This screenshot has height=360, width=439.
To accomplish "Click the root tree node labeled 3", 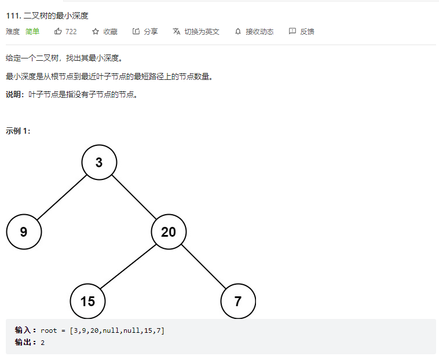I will click(x=99, y=163).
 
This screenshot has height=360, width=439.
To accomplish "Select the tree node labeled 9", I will click(x=24, y=232).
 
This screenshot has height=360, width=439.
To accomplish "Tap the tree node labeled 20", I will click(x=169, y=232).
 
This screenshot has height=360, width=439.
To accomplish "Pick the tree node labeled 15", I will click(x=87, y=301).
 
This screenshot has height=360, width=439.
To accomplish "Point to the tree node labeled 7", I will click(x=238, y=301).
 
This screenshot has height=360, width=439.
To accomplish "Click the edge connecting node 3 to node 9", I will click(x=61, y=197).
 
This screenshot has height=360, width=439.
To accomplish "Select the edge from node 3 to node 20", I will click(x=134, y=197).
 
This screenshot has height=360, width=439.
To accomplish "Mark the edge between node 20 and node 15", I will click(x=128, y=267).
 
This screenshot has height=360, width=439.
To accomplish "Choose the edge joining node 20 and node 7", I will click(x=203, y=267).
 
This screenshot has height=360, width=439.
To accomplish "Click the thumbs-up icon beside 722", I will click(x=58, y=31).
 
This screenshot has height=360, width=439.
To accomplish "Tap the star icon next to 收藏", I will click(x=96, y=31).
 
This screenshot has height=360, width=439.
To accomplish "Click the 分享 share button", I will click(x=145, y=31).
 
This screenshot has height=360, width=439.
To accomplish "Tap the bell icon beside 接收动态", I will click(x=238, y=31).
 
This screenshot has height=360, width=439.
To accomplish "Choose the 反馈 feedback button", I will click(x=301, y=31).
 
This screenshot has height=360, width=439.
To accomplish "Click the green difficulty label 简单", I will click(x=32, y=31).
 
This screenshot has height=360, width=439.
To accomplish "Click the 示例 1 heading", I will click(x=18, y=131).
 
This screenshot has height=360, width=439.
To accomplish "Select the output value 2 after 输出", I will click(x=43, y=343).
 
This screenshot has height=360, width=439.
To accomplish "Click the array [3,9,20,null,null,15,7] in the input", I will click(x=116, y=330).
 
